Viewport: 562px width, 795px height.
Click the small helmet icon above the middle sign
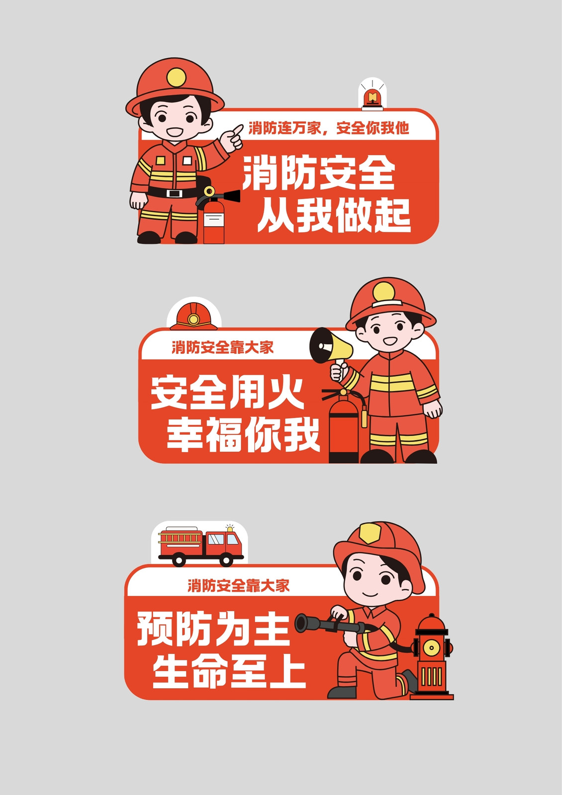193,316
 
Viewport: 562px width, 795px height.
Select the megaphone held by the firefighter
330,345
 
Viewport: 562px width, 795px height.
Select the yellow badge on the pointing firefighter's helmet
176,78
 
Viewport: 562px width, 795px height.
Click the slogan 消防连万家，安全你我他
329,128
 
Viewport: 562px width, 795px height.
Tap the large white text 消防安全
319,173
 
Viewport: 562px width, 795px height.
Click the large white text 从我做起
334,215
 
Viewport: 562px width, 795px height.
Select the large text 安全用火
227,393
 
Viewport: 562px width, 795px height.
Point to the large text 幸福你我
243,434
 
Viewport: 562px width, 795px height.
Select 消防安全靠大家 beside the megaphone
223,347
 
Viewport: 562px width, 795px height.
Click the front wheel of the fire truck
226,559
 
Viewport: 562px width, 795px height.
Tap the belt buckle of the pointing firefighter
175,193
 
